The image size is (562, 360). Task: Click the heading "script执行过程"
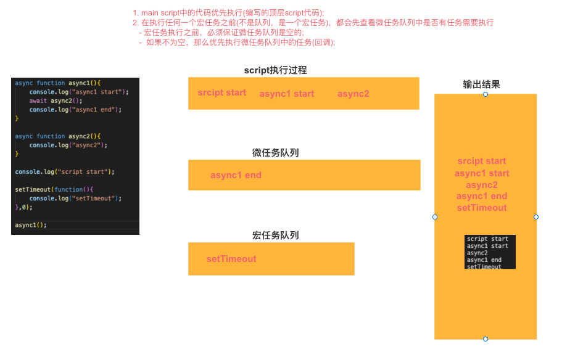(x=275, y=70)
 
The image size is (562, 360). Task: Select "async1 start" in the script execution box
(x=286, y=94)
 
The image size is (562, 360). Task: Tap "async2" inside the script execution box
(x=353, y=94)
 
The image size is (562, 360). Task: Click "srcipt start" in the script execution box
(x=222, y=93)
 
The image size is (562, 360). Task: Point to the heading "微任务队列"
(x=275, y=153)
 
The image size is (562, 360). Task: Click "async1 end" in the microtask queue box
(x=236, y=175)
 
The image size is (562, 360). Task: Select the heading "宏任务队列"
(x=275, y=235)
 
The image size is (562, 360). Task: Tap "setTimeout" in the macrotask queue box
(x=231, y=259)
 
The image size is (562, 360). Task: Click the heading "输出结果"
(x=481, y=84)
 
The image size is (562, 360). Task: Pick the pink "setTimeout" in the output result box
(x=482, y=208)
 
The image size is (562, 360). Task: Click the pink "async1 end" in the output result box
(x=482, y=196)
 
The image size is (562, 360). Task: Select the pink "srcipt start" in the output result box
(x=482, y=162)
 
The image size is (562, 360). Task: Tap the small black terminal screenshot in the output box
(x=490, y=252)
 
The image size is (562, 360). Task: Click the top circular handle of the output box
(x=486, y=94)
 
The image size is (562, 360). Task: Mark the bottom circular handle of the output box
(x=486, y=339)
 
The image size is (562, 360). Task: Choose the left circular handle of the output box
(x=435, y=217)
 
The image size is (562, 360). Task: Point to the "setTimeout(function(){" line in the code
(x=53, y=189)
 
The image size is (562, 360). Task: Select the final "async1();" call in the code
(x=31, y=225)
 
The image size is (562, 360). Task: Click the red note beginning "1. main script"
(x=228, y=12)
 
